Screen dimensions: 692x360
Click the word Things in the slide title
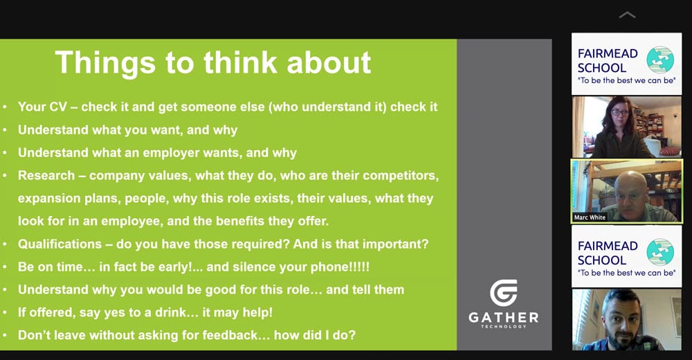[x=105, y=63]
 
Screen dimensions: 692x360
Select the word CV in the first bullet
[x=57, y=107]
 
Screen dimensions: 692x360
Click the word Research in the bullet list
[x=46, y=175]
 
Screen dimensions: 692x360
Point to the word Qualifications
[x=60, y=244]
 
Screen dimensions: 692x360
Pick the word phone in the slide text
[x=320, y=267]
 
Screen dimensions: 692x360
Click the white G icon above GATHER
[x=504, y=292]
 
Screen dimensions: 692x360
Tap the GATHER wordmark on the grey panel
[x=504, y=318]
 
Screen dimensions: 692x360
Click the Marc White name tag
[x=590, y=217]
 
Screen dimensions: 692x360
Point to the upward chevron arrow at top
[x=627, y=15]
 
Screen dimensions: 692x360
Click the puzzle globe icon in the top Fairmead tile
[x=660, y=60]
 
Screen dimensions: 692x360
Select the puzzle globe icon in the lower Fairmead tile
[x=660, y=252]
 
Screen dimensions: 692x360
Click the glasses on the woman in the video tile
[x=620, y=113]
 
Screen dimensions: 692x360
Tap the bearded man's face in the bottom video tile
[x=622, y=318]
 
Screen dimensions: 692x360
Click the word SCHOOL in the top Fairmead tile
[x=602, y=68]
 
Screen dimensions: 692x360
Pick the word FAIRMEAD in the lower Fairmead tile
[x=608, y=246]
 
